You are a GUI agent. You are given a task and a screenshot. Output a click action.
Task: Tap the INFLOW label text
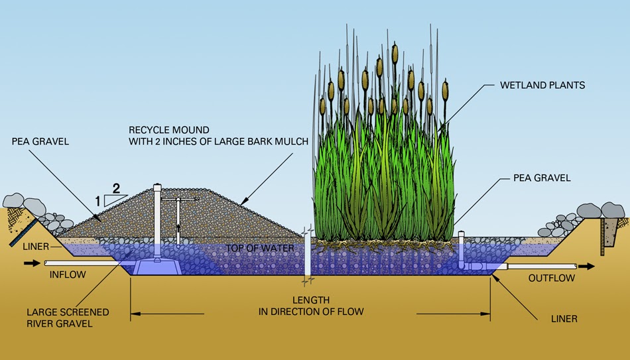(68, 274)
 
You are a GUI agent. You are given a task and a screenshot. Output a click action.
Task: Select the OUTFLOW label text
(552, 278)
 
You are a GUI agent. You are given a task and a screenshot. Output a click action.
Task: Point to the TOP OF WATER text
(253, 247)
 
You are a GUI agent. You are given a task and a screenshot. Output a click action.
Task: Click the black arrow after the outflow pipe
(586, 267)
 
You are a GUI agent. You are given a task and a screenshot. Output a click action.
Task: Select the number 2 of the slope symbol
(116, 188)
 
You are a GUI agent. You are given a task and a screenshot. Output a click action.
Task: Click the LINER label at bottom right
(564, 319)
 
